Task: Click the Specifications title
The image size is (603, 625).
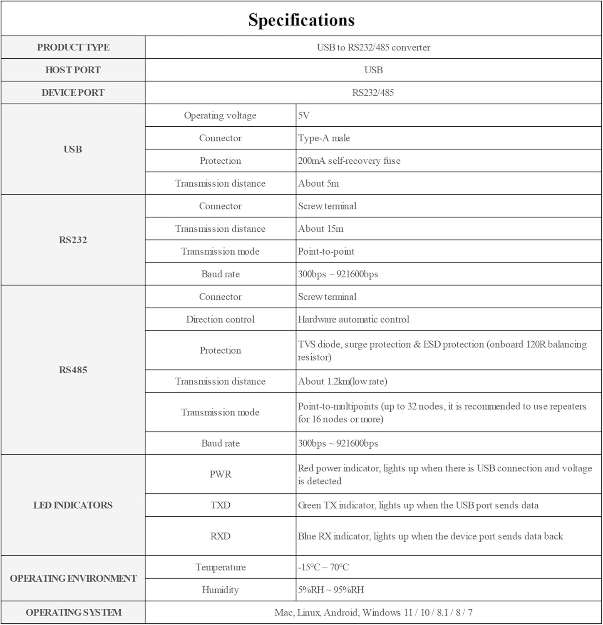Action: [x=301, y=20]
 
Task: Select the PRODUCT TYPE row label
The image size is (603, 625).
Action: [x=73, y=47]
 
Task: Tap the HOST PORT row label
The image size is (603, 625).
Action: [x=73, y=70]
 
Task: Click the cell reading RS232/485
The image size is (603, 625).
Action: [x=373, y=92]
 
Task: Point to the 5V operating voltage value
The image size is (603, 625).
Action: [x=304, y=115]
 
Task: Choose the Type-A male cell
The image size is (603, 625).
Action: [x=324, y=138]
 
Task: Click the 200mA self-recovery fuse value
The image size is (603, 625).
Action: [x=349, y=161]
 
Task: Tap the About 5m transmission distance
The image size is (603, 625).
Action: [x=318, y=183]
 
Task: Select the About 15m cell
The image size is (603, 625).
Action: [x=320, y=229]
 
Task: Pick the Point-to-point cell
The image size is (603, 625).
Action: [x=326, y=251]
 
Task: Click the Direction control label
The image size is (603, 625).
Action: [x=220, y=320]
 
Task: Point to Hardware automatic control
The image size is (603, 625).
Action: [x=353, y=320]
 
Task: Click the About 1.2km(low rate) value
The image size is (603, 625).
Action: [x=342, y=381]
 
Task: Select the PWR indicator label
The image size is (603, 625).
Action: [x=220, y=474]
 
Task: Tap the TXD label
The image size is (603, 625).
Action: [x=220, y=505]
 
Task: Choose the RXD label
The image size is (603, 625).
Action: [x=220, y=536]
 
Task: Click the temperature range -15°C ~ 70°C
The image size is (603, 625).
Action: [x=323, y=567]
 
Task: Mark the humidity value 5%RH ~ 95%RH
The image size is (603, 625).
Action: [x=331, y=590]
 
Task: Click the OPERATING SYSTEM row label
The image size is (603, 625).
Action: [x=74, y=612]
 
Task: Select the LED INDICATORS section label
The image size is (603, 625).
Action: [x=73, y=505]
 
